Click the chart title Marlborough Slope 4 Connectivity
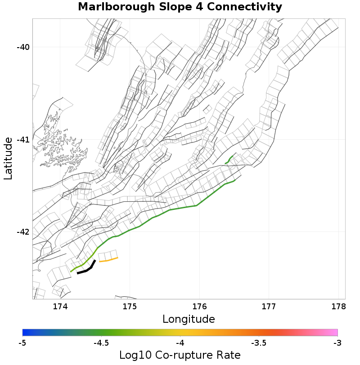click(x=180, y=7)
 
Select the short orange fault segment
click(x=108, y=259)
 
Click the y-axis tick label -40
click(x=22, y=47)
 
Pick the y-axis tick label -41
click(x=22, y=140)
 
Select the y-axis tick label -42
click(x=22, y=232)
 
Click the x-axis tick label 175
click(x=130, y=307)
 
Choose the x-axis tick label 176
click(x=199, y=307)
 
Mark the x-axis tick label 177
click(x=269, y=307)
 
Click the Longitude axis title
click(x=189, y=320)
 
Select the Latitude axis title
click(x=8, y=159)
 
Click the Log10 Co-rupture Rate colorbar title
click(x=180, y=355)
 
